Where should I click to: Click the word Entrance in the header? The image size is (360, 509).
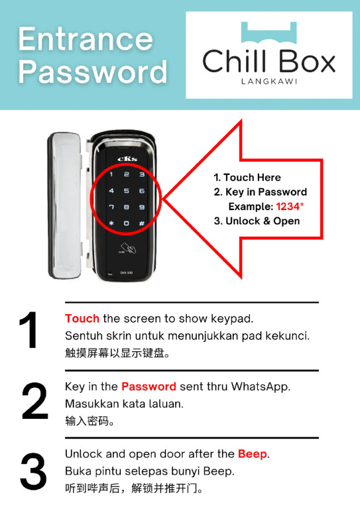[86, 39]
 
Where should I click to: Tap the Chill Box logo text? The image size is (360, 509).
[269, 62]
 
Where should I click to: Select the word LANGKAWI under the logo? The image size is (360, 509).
[269, 81]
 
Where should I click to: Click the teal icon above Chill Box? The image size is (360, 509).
[269, 32]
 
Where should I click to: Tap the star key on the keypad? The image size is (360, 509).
[111, 223]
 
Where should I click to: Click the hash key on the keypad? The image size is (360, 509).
[142, 223]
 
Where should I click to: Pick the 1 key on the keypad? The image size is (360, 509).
[111, 174]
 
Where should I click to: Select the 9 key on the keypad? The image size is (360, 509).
[142, 207]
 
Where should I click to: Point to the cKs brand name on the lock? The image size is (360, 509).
[127, 159]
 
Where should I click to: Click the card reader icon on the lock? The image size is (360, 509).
[127, 249]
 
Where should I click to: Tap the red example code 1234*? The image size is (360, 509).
[290, 207]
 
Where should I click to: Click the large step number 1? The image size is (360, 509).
[29, 330]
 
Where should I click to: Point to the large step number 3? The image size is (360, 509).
[33, 472]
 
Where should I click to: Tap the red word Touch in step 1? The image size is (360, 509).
[82, 318]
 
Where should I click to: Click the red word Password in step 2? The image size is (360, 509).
[149, 386]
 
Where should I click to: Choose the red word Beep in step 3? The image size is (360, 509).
[252, 454]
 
